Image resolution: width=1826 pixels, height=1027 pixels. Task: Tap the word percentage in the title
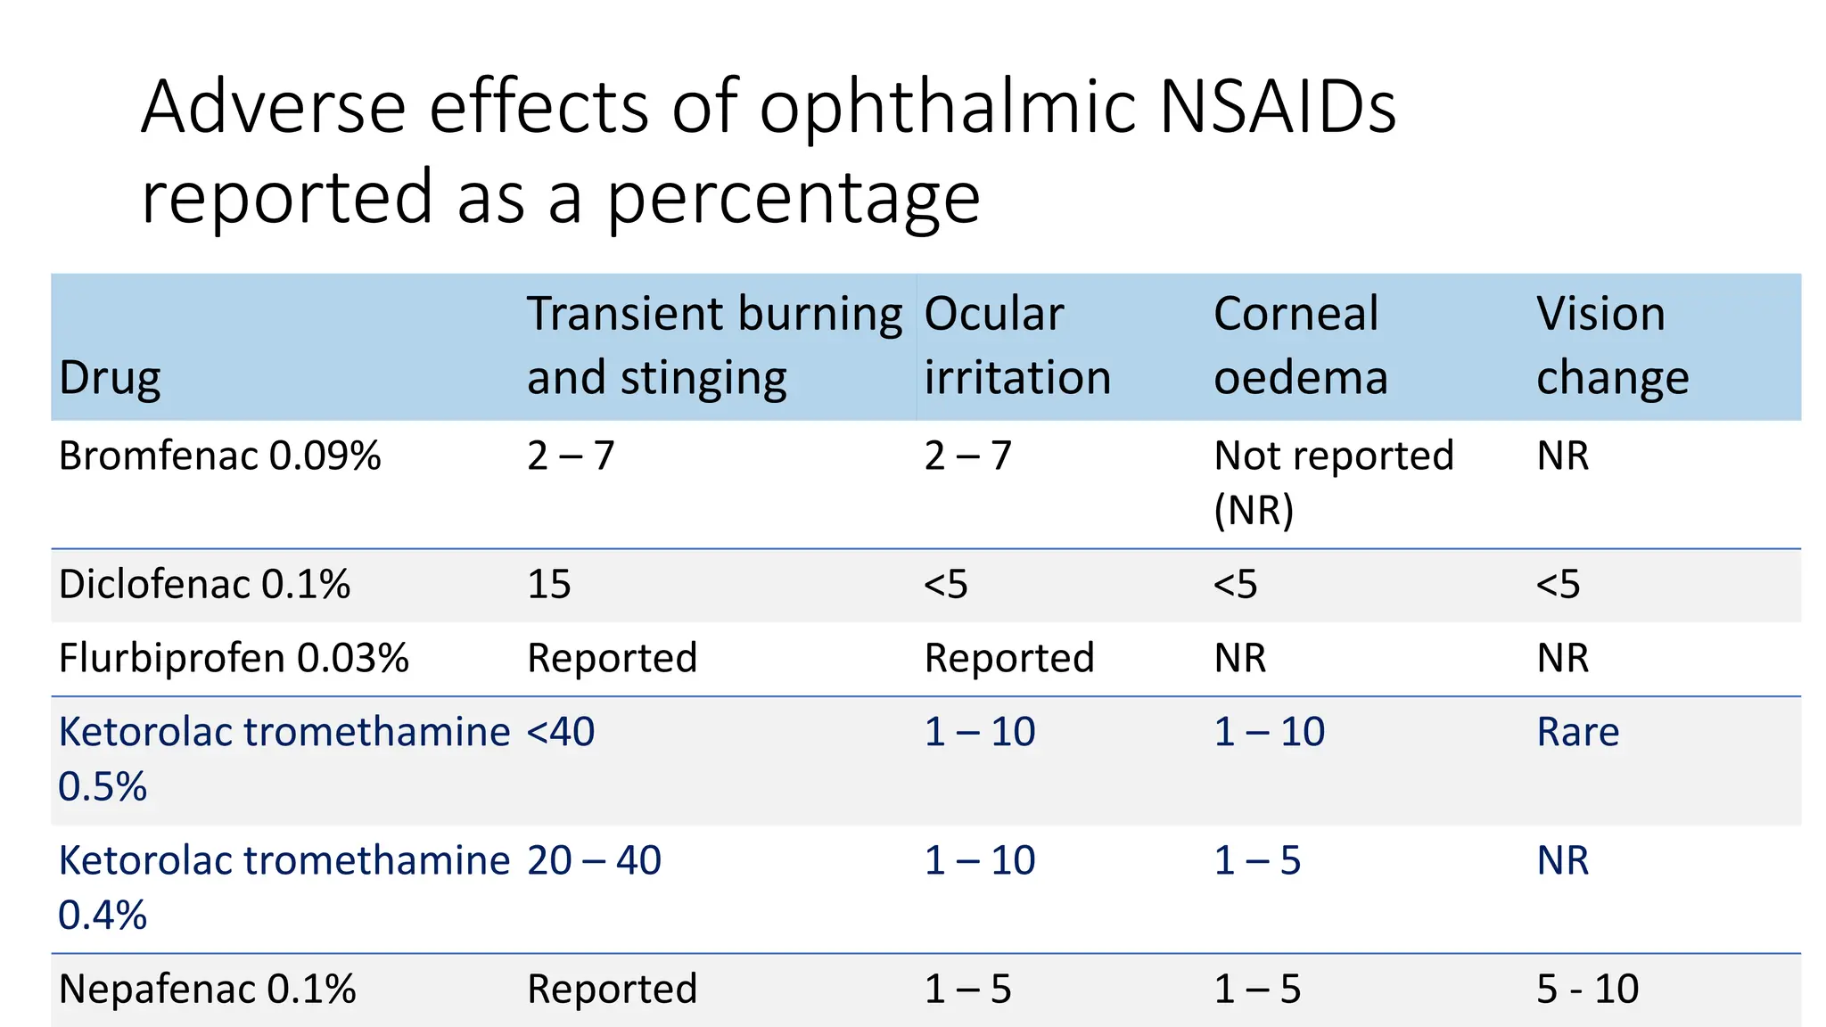(x=794, y=198)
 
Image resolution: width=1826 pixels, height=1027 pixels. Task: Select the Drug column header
(x=110, y=378)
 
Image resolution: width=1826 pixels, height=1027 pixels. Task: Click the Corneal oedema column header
(x=1300, y=346)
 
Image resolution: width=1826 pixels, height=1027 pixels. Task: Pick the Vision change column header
(x=1611, y=346)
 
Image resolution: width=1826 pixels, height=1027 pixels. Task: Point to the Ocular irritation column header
(x=1016, y=346)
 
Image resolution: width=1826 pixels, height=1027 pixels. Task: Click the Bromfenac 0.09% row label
(x=219, y=456)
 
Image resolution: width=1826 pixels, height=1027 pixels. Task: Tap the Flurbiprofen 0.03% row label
(x=234, y=659)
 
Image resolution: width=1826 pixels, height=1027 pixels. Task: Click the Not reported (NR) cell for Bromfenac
(x=1332, y=481)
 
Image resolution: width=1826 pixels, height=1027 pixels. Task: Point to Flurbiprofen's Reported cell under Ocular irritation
(x=1008, y=659)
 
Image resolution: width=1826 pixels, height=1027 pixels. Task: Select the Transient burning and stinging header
(x=713, y=346)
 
